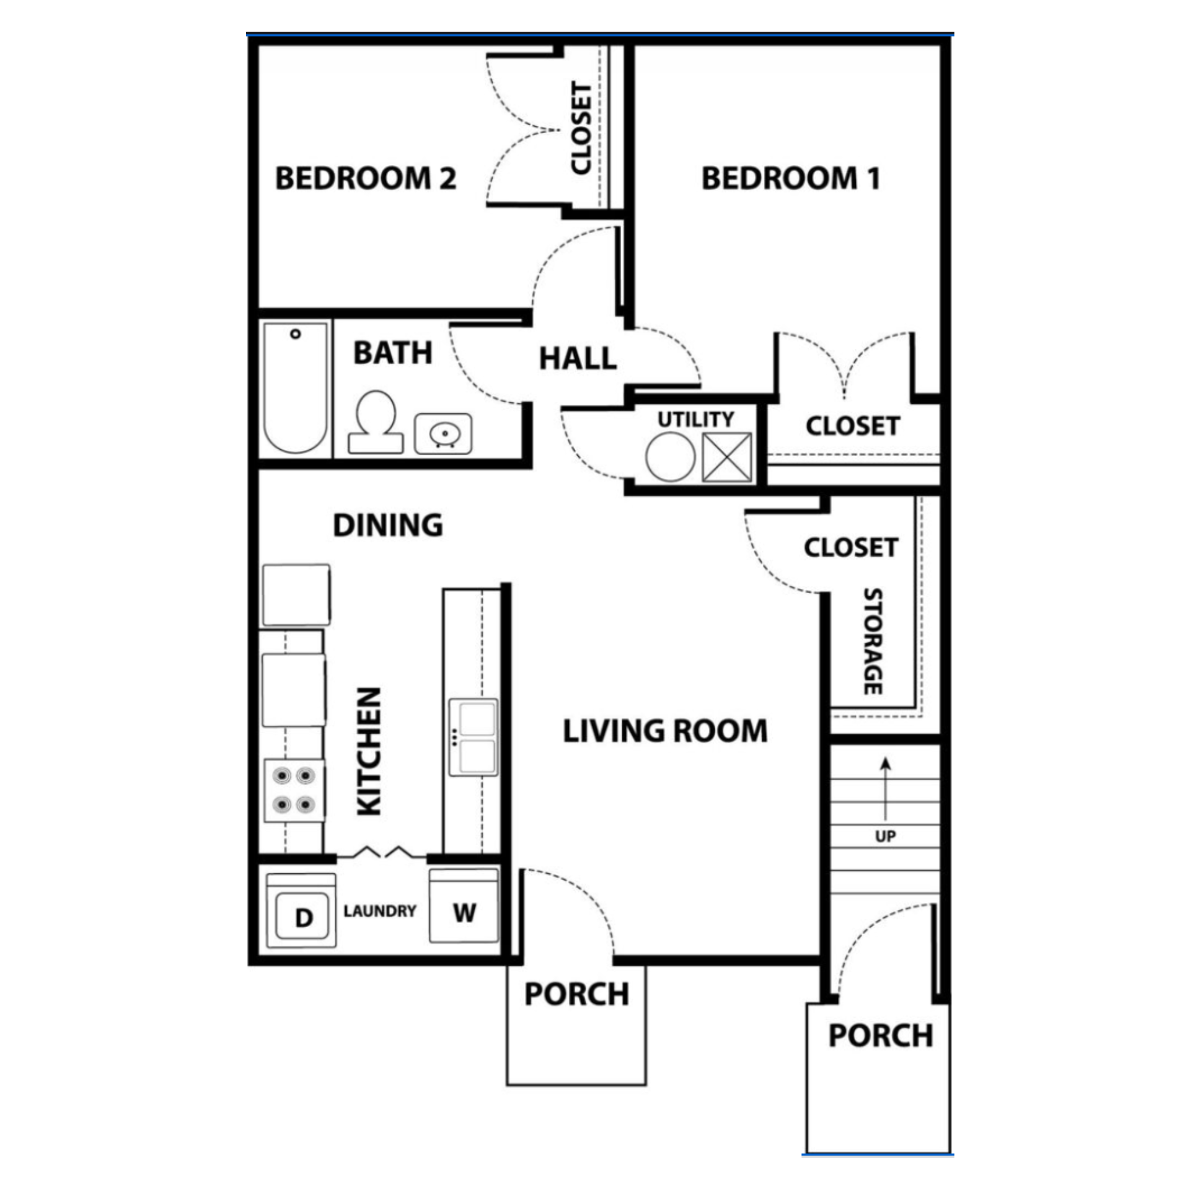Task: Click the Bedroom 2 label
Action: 366,178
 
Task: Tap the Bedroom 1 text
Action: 790,178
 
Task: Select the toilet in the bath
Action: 376,422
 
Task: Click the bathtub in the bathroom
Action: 295,388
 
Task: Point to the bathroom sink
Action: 443,433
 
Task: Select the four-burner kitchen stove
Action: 294,791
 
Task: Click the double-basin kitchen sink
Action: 474,737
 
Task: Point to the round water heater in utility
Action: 670,457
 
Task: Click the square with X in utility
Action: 726,457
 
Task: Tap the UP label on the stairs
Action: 885,836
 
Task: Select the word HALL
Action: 578,359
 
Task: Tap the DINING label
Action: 388,525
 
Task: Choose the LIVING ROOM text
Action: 665,731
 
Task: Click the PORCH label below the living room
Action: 576,994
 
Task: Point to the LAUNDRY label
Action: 380,911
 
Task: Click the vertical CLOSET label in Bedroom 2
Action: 581,128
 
